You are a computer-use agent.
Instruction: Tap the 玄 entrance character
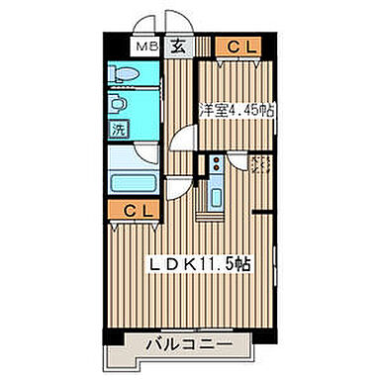coord(175,45)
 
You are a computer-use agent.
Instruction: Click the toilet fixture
coord(124,74)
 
